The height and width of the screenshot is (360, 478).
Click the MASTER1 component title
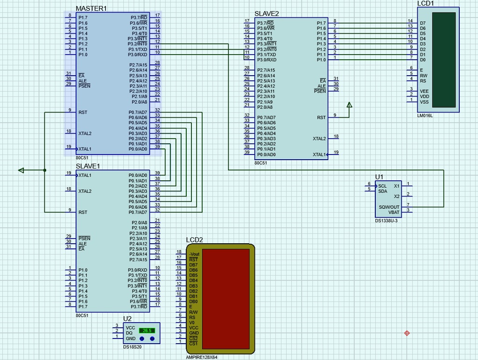tap(91, 8)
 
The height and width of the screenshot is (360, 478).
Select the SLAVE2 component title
tap(267, 14)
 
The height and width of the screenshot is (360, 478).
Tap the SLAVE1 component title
tap(88, 166)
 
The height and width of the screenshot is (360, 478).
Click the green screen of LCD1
tap(444, 59)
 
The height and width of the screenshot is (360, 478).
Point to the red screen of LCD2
tap(226, 299)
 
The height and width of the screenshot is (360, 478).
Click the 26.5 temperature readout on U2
tap(147, 331)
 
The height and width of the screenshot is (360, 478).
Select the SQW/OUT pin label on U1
tap(389, 206)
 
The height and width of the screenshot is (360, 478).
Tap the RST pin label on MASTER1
tap(83, 113)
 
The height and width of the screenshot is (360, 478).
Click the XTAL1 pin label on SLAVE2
tap(320, 155)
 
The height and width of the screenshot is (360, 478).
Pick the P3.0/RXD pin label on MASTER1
tap(138, 55)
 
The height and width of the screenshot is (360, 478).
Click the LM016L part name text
tap(425, 115)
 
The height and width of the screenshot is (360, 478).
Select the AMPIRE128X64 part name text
tap(202, 357)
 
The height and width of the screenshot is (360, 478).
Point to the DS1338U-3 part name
tap(387, 220)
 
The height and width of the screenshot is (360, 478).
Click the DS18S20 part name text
tap(133, 347)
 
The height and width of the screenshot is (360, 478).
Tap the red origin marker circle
tap(407, 333)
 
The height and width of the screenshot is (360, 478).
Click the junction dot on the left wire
tap(44, 170)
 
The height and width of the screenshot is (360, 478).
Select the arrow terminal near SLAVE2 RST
tap(349, 105)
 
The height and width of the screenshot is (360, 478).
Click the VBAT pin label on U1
tap(394, 212)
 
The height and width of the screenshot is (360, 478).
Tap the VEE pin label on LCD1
tap(424, 92)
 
